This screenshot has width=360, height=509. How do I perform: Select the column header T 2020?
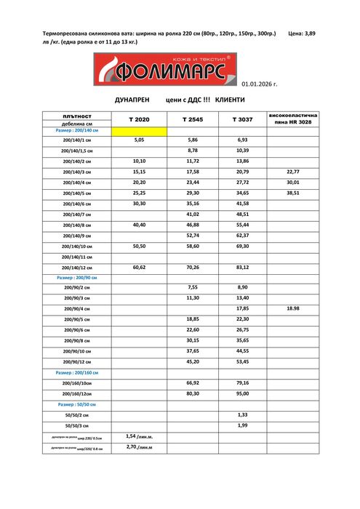pyautogui.click(x=139, y=119)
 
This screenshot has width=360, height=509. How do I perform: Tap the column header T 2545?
pyautogui.click(x=193, y=119)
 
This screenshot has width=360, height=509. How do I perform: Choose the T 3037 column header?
pyautogui.click(x=243, y=119)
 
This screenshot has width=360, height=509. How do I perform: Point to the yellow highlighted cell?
pyautogui.click(x=139, y=131)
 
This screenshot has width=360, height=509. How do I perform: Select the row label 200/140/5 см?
pyautogui.click(x=77, y=193)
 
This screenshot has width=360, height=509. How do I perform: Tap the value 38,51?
pyautogui.click(x=293, y=193)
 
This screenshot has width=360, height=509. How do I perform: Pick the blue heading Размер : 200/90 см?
pyautogui.click(x=77, y=278)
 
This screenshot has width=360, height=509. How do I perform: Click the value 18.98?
pyautogui.click(x=293, y=309)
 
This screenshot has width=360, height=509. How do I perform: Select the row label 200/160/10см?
pyautogui.click(x=77, y=383)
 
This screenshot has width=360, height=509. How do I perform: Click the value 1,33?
pyautogui.click(x=243, y=414)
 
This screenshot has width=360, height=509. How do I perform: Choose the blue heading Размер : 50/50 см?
pyautogui.click(x=77, y=404)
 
